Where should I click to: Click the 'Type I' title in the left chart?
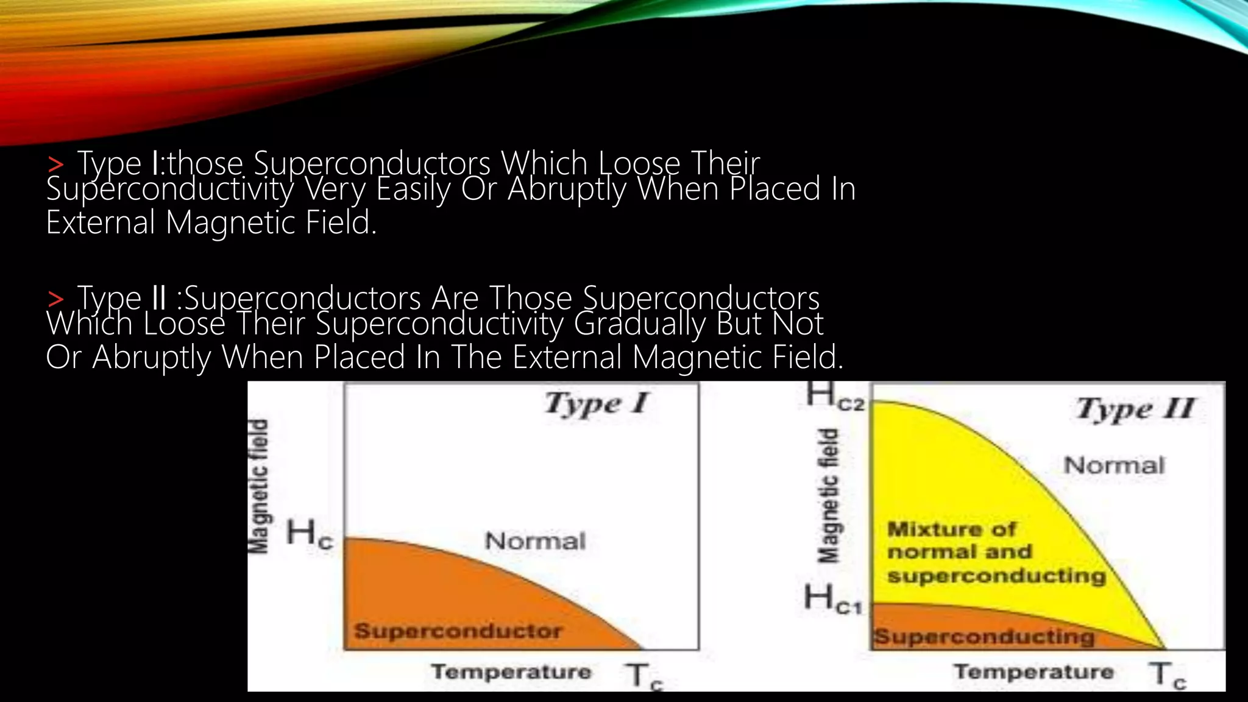click(x=597, y=404)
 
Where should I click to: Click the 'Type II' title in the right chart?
click(x=1135, y=409)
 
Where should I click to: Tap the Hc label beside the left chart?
click(x=310, y=534)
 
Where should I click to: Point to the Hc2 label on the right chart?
click(x=835, y=396)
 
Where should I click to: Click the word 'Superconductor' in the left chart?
click(x=458, y=631)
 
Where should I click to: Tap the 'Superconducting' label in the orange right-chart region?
click(x=984, y=637)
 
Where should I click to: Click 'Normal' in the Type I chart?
click(x=535, y=541)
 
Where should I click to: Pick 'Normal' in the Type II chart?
click(x=1114, y=466)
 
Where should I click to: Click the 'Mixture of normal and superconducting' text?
click(x=996, y=552)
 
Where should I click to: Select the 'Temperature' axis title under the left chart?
click(x=511, y=672)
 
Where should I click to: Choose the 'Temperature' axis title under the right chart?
click(x=1033, y=672)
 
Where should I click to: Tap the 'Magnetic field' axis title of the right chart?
click(x=829, y=495)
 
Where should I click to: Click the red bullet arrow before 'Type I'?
click(x=55, y=165)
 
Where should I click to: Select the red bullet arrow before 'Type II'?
click(x=55, y=299)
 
